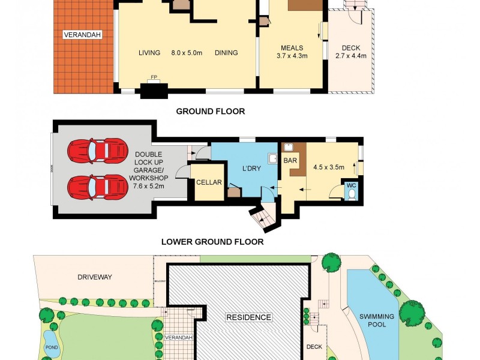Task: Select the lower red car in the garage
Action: (98, 185)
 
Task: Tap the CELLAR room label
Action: (209, 183)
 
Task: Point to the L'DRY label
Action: (251, 169)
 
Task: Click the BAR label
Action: (290, 161)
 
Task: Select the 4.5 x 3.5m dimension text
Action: (329, 167)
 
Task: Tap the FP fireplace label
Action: (154, 78)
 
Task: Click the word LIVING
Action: (149, 53)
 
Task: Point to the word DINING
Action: (226, 53)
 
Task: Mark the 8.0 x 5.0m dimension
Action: (188, 53)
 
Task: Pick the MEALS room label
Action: (292, 49)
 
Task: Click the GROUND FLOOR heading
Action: (210, 112)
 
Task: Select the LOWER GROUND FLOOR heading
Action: (212, 242)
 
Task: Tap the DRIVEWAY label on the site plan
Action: (95, 277)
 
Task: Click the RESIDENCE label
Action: (248, 317)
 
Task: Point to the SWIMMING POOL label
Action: (377, 320)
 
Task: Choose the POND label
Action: (52, 347)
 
